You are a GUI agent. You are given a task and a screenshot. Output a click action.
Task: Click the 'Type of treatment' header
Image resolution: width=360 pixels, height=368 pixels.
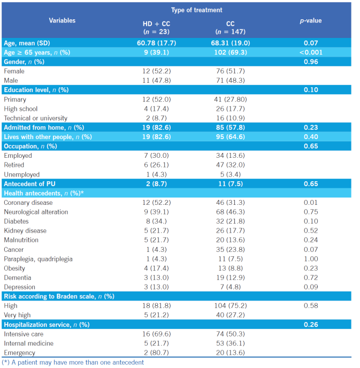[196, 10]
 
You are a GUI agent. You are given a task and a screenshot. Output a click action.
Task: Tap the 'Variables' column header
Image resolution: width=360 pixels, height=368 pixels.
[62, 21]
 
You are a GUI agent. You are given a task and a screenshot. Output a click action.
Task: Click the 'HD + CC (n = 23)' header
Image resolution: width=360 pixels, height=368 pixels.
[156, 27]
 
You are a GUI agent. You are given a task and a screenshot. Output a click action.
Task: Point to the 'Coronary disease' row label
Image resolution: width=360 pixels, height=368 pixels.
[28, 203]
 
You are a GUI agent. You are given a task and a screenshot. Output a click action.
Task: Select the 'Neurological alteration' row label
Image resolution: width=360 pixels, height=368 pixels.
[36, 212]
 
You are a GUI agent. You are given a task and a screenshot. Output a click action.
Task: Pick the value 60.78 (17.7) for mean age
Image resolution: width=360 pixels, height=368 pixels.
[156, 43]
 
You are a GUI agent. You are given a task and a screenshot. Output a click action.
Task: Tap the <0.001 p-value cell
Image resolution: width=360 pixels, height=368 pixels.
[311, 52]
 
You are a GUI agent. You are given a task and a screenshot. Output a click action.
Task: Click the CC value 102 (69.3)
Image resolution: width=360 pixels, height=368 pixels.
[231, 52]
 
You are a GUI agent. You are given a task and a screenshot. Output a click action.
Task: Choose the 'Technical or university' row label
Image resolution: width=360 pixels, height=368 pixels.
[36, 118]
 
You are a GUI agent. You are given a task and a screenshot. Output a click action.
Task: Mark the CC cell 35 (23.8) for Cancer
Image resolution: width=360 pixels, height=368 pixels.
[231, 250]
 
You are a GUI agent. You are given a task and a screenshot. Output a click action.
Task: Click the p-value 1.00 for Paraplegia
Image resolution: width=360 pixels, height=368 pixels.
[311, 259]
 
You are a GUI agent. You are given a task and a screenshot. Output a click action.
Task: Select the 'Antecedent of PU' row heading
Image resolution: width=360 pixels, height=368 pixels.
[30, 184]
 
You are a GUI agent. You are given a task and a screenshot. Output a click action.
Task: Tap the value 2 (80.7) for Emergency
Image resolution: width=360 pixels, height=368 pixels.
[156, 352]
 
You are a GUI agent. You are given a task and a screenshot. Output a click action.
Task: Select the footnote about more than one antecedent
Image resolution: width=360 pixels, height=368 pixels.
[74, 363]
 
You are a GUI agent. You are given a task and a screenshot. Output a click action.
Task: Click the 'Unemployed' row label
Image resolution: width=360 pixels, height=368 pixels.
[22, 174]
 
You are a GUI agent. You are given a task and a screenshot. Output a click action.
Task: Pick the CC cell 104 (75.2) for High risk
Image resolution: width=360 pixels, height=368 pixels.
[231, 305]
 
